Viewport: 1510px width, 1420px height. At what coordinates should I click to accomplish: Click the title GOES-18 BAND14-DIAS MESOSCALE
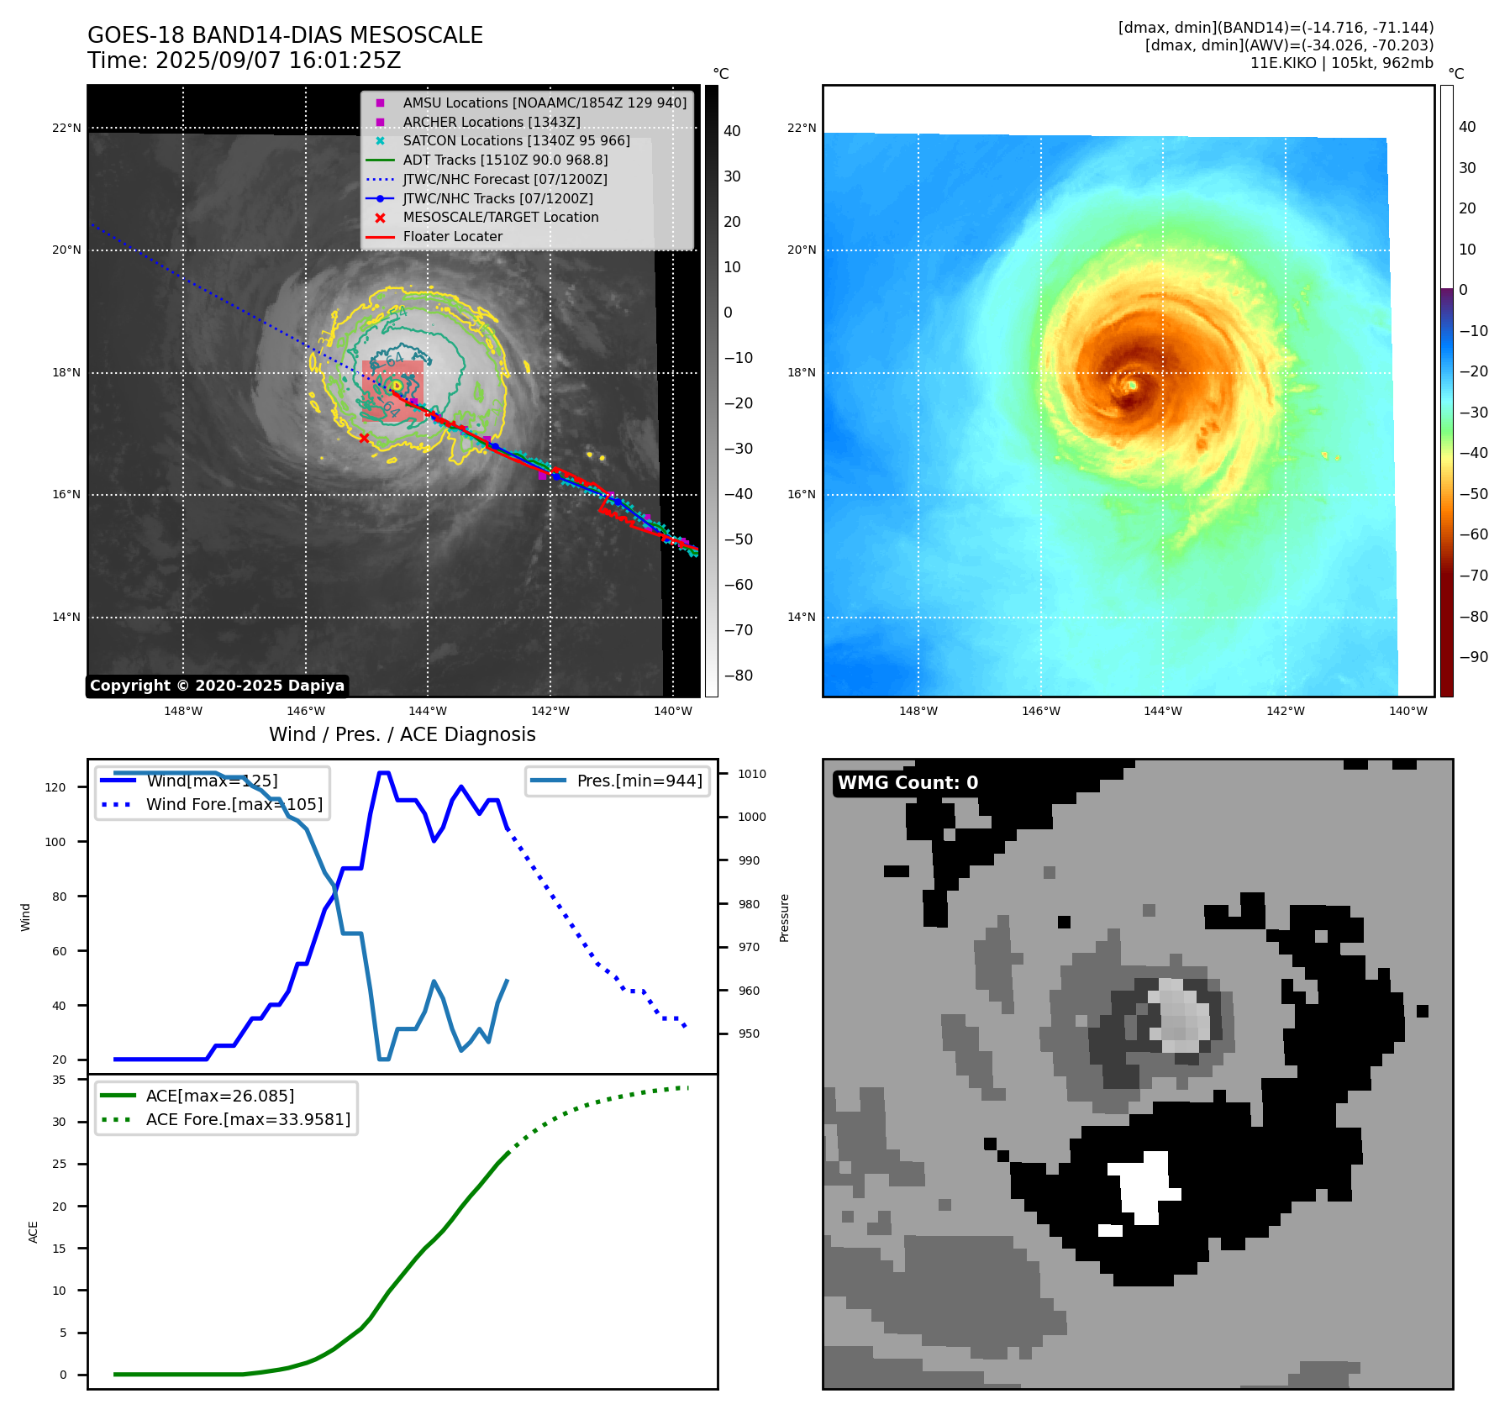[285, 35]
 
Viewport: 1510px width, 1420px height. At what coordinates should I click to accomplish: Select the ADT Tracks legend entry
[505, 160]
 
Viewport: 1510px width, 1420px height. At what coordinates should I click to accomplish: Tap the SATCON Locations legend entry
[516, 140]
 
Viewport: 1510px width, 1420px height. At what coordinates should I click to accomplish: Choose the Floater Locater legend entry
[452, 237]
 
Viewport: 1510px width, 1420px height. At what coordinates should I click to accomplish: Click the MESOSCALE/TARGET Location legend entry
[500, 217]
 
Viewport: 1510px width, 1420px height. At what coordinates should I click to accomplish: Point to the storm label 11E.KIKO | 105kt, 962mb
[1341, 63]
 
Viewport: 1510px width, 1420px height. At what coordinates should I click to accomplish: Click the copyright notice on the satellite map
[217, 686]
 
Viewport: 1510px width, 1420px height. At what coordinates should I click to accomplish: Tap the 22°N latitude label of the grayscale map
[67, 128]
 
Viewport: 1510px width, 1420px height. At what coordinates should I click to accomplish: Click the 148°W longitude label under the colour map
[918, 711]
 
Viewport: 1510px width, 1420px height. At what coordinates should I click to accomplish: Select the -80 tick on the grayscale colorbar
[739, 676]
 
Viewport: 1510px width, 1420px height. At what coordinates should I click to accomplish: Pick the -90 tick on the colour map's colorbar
[1473, 657]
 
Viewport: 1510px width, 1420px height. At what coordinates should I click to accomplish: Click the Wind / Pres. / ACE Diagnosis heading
[402, 734]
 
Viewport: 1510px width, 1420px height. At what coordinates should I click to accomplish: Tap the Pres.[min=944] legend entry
[639, 781]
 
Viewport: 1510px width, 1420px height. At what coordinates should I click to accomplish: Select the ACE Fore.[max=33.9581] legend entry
[248, 1119]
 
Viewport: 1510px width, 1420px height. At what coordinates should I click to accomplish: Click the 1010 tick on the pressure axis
[752, 774]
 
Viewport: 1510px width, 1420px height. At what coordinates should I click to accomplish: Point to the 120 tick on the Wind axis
[55, 787]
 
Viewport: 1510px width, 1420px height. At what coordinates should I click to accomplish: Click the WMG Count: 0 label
[908, 783]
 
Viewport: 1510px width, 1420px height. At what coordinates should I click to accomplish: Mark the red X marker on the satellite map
[364, 438]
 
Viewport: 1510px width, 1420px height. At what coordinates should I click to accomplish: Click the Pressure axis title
[784, 917]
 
